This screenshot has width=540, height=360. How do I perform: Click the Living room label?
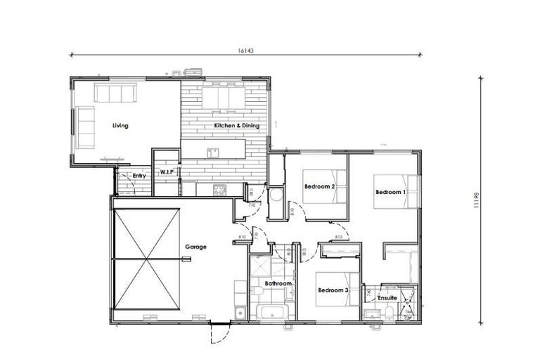(x=120, y=126)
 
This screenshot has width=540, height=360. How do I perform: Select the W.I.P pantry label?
(x=167, y=172)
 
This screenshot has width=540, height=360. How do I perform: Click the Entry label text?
(x=139, y=175)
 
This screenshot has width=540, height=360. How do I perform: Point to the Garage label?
(x=195, y=247)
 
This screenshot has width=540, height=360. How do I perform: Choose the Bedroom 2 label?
(x=319, y=186)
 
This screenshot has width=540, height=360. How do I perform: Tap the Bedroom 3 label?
(x=333, y=290)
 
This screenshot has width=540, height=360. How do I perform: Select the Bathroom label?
(x=278, y=284)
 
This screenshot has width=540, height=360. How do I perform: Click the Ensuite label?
(x=387, y=298)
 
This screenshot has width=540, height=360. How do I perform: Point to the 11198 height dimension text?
(x=477, y=200)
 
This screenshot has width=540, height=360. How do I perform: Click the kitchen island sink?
(x=212, y=151)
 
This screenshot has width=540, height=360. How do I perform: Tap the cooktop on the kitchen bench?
(x=219, y=188)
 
